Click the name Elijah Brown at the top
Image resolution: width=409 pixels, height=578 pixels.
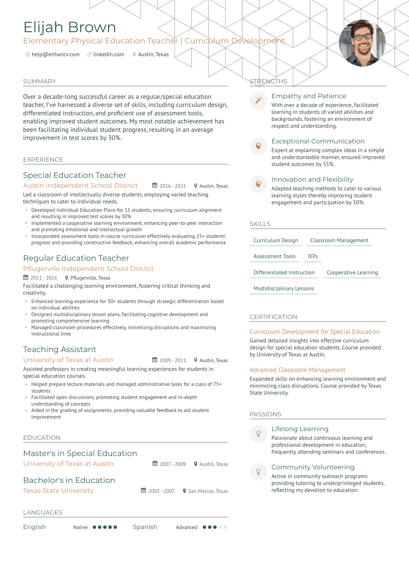70,27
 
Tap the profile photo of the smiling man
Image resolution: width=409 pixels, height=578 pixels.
362,43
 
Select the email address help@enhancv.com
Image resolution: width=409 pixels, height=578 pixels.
55,54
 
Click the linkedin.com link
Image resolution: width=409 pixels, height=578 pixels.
108,54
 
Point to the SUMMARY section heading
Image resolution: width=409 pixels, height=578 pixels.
39,81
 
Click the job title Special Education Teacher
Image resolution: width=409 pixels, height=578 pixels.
75,175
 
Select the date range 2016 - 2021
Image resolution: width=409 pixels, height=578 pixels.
173,186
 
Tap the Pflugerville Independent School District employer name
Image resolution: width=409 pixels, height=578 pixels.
88,269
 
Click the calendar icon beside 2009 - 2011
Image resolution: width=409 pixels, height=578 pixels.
155,360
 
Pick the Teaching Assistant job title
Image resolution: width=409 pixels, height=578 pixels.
59,349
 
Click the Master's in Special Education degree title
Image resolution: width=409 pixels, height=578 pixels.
80,453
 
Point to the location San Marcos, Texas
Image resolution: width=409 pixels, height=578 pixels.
208,491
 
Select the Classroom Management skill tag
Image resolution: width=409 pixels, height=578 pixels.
339,240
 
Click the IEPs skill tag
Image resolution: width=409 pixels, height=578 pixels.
313,256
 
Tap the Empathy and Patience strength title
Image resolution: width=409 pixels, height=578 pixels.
309,96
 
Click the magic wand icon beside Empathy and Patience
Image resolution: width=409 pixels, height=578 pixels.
258,101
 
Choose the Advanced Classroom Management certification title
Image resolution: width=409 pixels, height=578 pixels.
297,370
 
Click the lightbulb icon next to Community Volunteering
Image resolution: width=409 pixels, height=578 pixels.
258,472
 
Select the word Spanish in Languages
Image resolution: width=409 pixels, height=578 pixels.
145,527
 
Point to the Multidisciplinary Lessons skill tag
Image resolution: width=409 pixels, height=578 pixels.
284,289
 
